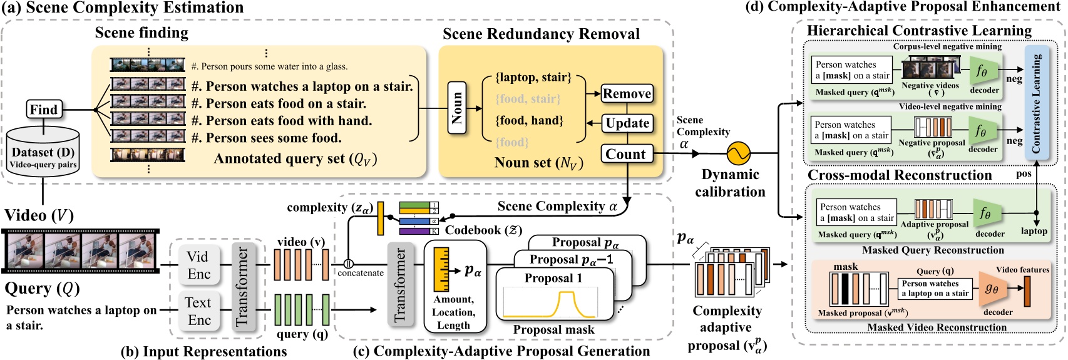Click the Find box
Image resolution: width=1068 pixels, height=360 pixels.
43,110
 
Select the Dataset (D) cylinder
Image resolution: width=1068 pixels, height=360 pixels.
43,154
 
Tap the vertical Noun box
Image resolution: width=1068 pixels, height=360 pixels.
457,108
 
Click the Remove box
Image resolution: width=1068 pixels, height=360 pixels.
627,94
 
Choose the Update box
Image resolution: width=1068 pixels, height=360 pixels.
627,123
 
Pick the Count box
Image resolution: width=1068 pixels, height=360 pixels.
626,154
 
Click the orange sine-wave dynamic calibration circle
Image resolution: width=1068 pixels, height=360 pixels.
737,153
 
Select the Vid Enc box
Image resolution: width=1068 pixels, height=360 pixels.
198,265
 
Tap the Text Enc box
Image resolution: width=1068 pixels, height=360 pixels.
198,311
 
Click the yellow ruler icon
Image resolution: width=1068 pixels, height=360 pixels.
441,270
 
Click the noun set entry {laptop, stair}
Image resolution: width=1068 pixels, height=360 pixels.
533,77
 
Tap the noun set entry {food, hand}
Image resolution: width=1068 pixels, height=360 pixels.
529,120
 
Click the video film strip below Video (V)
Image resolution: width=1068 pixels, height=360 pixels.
80,251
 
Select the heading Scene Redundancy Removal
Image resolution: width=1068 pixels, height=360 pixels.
541,34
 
